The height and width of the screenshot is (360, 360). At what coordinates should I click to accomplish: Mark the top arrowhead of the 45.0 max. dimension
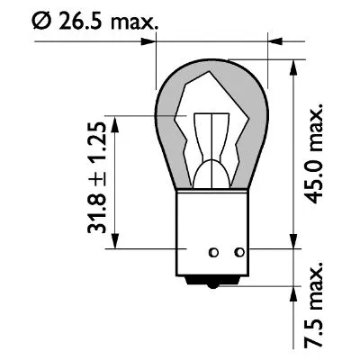(x=293, y=66)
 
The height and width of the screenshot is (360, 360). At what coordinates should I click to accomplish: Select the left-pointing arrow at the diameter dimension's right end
(x=274, y=40)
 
